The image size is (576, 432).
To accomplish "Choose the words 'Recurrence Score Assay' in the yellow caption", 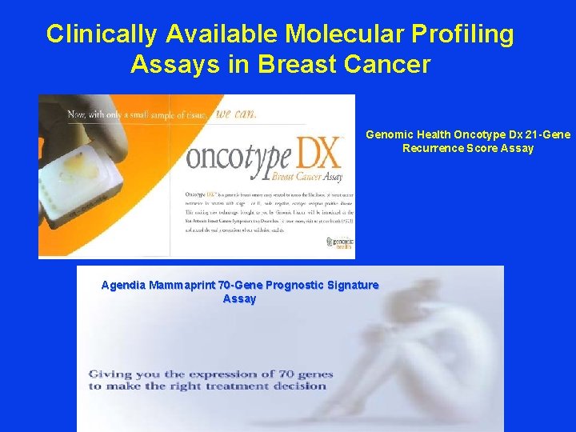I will (x=468, y=148).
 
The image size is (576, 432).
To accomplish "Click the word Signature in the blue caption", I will (x=353, y=285).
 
